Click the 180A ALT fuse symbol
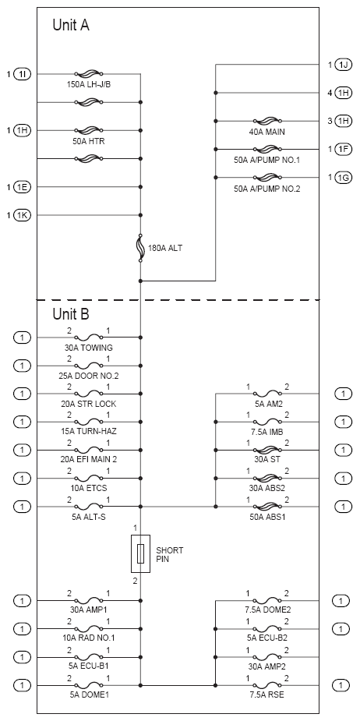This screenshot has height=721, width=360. coord(140,248)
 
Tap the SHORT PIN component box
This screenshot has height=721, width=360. coord(141,553)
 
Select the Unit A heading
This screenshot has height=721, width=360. coord(71,25)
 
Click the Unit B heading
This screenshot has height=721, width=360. coord(71,314)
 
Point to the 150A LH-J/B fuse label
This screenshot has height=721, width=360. coord(88,85)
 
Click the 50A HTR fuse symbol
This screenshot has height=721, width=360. coord(88,130)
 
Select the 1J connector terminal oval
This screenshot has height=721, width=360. coord(344,65)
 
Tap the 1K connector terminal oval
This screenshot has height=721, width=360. coord(23,215)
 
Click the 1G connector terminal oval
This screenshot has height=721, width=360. coord(344,178)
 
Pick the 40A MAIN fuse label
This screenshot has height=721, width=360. coord(266,132)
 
